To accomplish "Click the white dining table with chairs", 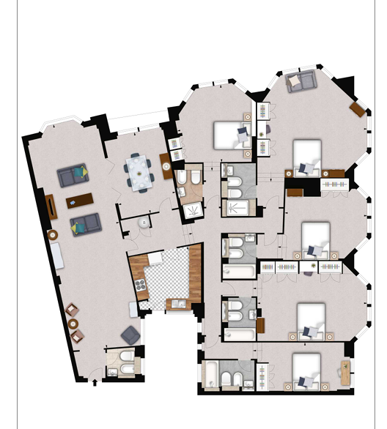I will [x=138, y=170].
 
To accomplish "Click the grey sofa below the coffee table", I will [x=85, y=223].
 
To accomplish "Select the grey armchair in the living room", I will [x=130, y=335].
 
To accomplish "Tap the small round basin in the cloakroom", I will [x=143, y=224].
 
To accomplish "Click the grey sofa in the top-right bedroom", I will [x=301, y=81].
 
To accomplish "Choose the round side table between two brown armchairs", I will [x=73, y=324].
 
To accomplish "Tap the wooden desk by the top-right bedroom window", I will [x=357, y=109].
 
